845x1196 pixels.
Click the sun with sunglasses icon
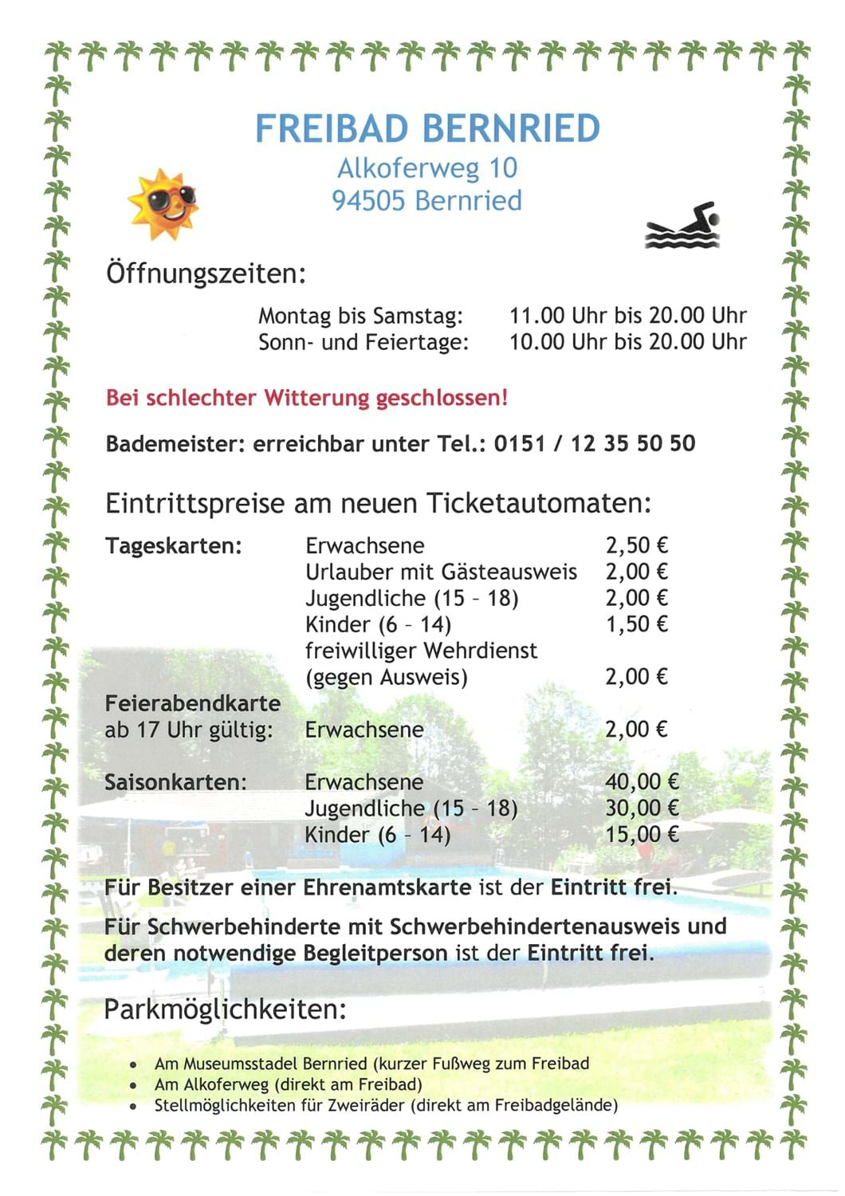coord(163,203)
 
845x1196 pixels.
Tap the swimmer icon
coord(684,226)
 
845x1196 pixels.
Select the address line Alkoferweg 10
coord(427,168)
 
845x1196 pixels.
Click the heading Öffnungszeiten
coord(206,274)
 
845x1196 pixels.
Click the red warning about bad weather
coord(306,397)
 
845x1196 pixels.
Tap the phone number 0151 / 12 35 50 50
coord(594,443)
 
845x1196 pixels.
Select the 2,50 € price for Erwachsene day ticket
coord(636,545)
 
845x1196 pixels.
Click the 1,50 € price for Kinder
coord(636,624)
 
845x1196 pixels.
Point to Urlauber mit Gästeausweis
coord(441,572)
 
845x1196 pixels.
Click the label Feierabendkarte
coord(193,703)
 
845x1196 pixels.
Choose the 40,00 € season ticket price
coord(642,782)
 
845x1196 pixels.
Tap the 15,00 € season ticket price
coord(642,835)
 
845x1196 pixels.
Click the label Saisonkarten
coord(175,782)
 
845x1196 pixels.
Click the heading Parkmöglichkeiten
coord(225,1009)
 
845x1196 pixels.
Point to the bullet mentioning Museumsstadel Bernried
coord(371,1064)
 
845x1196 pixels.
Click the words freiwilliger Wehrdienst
coord(421,651)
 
